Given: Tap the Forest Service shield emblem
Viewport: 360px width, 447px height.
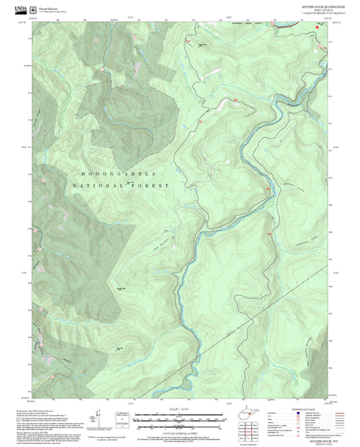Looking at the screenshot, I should tap(35, 9).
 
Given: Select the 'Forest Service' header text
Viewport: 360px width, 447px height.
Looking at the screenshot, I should tap(49, 7).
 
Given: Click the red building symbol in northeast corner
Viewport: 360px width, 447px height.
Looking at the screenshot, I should tap(328, 28).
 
